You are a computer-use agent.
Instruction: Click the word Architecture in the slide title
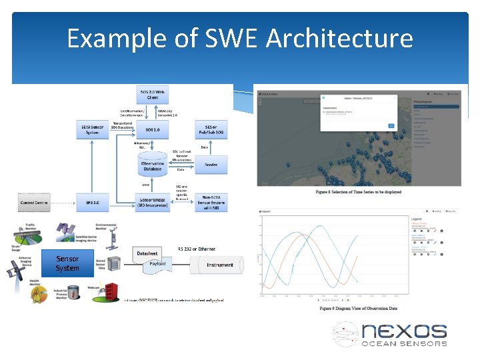coord(339,39)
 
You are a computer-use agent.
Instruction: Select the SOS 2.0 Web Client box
coord(153,94)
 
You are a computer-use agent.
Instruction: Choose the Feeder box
coord(210,164)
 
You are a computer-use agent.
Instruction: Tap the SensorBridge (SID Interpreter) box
coord(153,202)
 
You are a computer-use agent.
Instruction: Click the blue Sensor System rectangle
coord(67,263)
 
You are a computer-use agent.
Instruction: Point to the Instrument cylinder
coord(219,265)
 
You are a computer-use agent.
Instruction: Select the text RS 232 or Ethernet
coord(197,249)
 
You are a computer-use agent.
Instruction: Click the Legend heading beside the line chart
coord(416,219)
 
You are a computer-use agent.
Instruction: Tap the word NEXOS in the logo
coord(404,331)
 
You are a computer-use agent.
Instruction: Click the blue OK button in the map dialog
coord(391,125)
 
